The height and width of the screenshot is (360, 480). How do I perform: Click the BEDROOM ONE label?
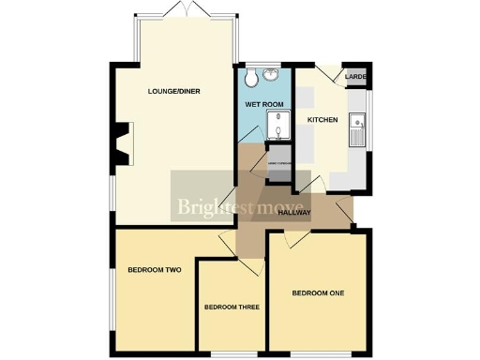click(x=318, y=293)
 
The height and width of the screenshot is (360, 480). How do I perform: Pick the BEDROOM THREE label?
click(x=232, y=307)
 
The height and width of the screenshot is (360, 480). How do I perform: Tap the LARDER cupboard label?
click(x=355, y=76)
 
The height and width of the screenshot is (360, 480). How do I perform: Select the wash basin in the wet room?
click(x=271, y=77)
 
